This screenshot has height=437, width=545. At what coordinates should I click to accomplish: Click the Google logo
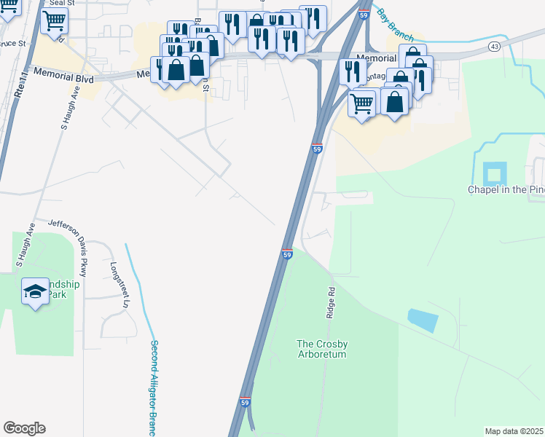point(24,428)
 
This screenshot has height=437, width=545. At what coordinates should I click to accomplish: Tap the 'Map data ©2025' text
point(513,431)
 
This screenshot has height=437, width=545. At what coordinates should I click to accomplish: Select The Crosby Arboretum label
point(321,349)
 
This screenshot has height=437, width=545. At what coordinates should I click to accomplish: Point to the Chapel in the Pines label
point(506,189)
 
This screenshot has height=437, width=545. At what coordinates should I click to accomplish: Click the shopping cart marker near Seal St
point(54,22)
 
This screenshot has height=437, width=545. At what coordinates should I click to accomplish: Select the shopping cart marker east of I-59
point(362,104)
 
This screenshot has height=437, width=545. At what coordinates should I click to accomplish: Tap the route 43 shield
point(494,47)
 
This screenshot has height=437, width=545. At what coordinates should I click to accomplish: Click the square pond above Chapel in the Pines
point(494,175)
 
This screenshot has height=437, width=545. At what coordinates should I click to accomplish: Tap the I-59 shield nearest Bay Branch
point(363,15)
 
